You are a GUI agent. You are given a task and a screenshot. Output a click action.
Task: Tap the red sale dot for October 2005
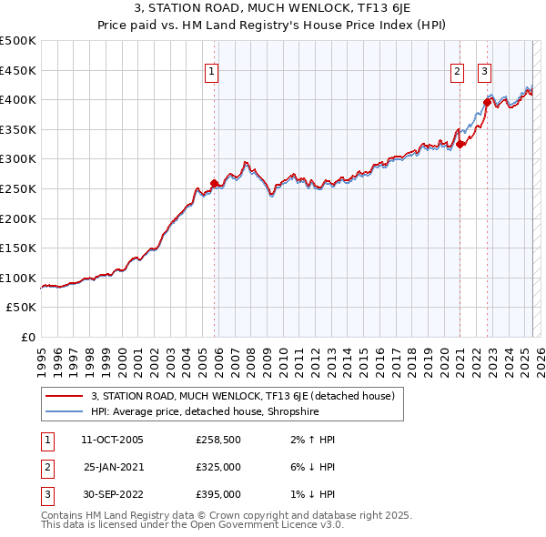(215, 184)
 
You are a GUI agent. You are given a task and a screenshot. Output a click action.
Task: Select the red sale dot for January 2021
(460, 144)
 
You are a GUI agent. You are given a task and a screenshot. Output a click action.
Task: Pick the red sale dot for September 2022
(488, 102)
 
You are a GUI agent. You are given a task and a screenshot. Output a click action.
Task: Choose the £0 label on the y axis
(27, 338)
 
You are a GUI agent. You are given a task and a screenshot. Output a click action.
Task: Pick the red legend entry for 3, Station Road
(242, 396)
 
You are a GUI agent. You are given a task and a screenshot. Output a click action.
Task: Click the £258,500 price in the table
(218, 440)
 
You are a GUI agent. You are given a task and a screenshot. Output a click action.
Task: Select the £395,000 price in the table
(218, 494)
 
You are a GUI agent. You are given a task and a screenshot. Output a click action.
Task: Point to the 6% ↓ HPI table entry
(310, 467)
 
